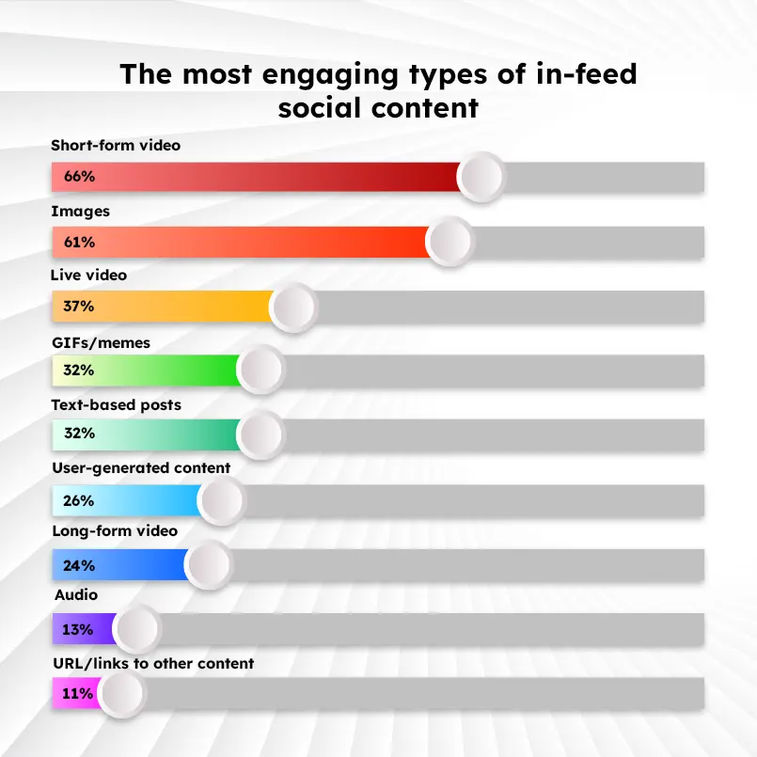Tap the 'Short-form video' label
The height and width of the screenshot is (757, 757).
tap(116, 146)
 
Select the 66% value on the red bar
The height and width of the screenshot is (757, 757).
tap(79, 176)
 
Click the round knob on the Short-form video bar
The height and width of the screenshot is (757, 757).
tap(482, 176)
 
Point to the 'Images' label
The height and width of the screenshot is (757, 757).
tap(80, 212)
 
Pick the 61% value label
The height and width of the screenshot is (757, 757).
tap(79, 242)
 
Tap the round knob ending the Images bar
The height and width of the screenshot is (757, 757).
tap(449, 242)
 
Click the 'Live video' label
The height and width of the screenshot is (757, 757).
tap(88, 276)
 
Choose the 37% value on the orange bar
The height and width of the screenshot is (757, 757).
tap(79, 306)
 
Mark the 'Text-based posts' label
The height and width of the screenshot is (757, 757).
tap(116, 405)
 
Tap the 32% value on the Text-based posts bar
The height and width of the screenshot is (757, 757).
tap(79, 434)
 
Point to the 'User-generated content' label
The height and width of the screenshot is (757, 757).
tap(140, 467)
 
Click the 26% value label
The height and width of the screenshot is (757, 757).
tap(79, 501)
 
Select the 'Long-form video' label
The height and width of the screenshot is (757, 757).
tap(114, 531)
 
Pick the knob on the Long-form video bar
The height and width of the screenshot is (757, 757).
tap(208, 565)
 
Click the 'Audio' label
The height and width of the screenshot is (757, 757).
tap(76, 595)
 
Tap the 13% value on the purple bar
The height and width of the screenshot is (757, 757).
tap(79, 629)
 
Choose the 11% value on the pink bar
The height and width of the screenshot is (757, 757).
tap(79, 694)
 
